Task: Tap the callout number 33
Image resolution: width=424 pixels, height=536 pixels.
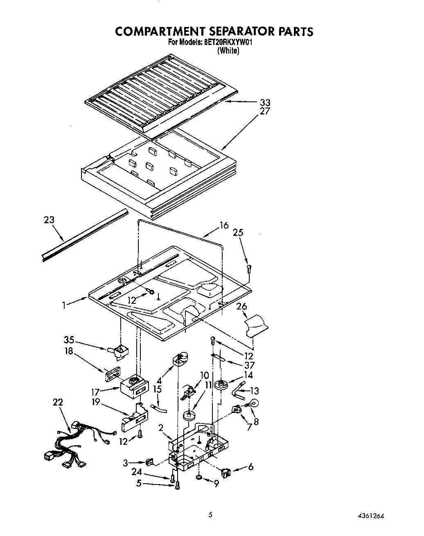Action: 265,103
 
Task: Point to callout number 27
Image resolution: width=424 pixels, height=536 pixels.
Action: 265,111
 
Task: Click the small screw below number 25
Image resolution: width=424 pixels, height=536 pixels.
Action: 249,269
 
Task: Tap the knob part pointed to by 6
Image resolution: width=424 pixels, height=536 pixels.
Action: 226,473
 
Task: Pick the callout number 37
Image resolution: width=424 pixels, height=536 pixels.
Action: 249,365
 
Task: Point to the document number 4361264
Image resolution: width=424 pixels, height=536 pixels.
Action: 371,515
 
